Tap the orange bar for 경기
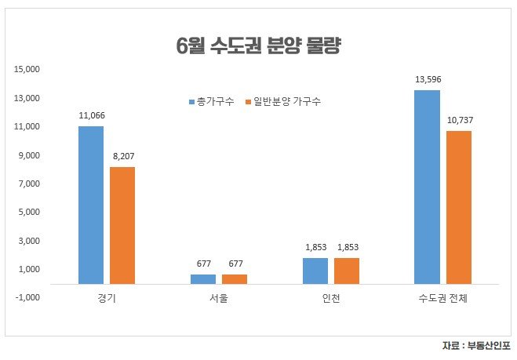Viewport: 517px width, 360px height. [122, 224]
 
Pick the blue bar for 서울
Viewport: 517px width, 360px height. [202, 278]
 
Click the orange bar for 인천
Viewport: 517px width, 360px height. [346, 270]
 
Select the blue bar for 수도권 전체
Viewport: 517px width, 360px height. [427, 186]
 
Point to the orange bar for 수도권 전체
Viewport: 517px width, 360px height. [458, 206]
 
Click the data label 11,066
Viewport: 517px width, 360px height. [91, 115]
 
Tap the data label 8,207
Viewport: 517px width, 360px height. [123, 156]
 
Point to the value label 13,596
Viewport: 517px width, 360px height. [427, 79]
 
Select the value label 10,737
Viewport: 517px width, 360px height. [459, 120]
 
